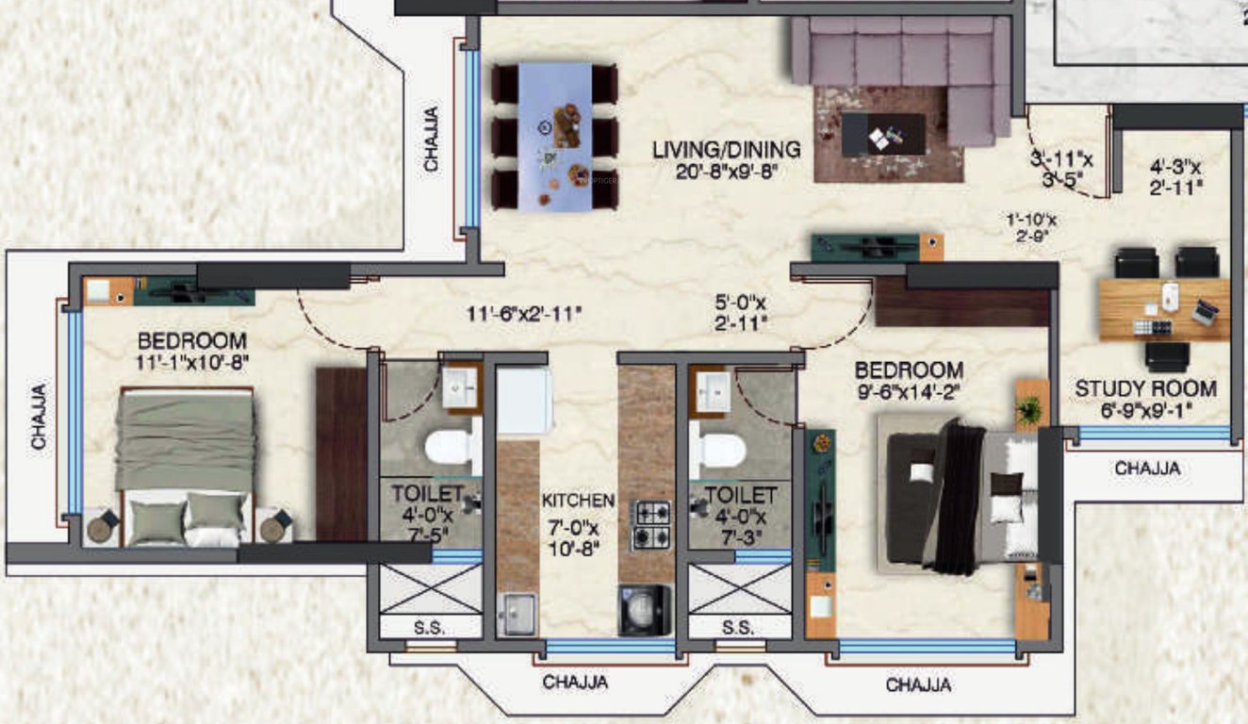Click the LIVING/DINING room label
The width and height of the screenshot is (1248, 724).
[x=727, y=150]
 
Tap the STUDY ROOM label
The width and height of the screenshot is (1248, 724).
[x=1145, y=388]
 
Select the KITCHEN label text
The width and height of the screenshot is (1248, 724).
[x=578, y=501]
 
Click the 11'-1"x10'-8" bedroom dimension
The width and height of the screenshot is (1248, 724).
[x=192, y=359]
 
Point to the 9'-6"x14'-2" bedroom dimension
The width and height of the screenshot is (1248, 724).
[x=909, y=389]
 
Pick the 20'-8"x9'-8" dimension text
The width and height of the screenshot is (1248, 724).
[x=727, y=171]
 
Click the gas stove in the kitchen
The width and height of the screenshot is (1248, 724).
[x=650, y=525]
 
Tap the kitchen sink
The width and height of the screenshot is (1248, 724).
[x=517, y=615]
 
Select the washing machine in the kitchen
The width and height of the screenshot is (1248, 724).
[x=645, y=610]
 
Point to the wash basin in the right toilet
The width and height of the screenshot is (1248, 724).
[x=711, y=389]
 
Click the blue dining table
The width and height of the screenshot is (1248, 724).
[x=554, y=136]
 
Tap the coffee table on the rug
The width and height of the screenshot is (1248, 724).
[x=883, y=134]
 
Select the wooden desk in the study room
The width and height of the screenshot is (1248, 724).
[x=1164, y=309]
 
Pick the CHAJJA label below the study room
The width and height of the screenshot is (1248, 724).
[x=1146, y=469]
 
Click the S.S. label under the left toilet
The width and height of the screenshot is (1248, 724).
[x=430, y=627]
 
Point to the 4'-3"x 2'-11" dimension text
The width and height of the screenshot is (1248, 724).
[x=1175, y=177]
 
